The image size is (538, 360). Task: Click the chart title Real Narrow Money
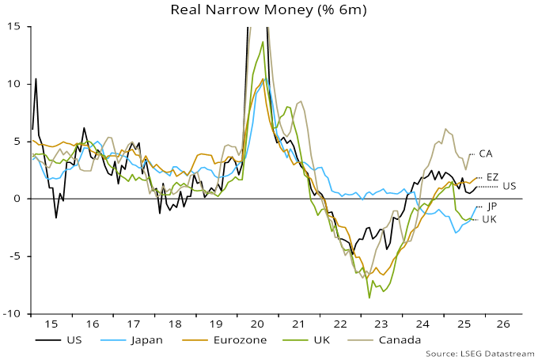(x=269, y=10)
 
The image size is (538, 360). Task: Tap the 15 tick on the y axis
(x=15, y=26)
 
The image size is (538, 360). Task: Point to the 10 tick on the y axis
(x=15, y=83)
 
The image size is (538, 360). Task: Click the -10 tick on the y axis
(x=13, y=314)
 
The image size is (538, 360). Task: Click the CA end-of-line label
(x=486, y=153)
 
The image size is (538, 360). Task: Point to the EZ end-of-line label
(x=492, y=178)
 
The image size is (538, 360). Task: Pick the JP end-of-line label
(x=492, y=207)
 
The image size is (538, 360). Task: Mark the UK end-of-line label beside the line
(x=488, y=219)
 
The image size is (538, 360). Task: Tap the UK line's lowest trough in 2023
(x=369, y=297)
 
